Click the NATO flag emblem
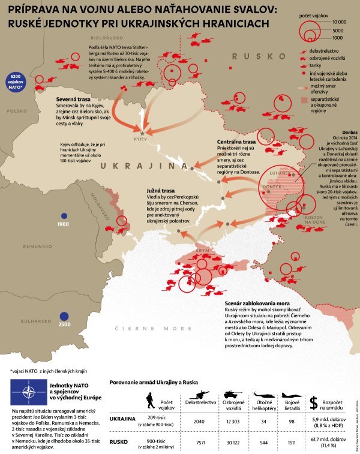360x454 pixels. coord(28,393)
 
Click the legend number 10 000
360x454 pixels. coord(340,21)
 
